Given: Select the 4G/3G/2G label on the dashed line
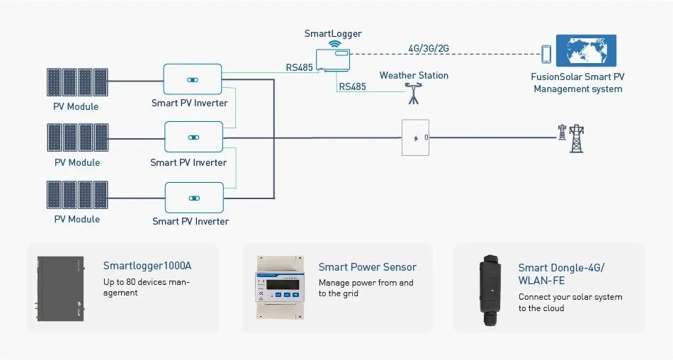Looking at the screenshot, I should (429, 48).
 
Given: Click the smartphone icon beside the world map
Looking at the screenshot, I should (546, 54).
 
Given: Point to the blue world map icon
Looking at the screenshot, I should (586, 51).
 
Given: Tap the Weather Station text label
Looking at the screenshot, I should (414, 75).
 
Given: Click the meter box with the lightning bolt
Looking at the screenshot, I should (415, 137).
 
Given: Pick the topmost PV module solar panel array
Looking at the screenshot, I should (77, 82).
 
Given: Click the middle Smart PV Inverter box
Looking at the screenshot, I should (193, 137).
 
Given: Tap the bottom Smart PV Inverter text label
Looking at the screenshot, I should (191, 221).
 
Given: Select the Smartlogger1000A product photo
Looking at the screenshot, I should (60, 288).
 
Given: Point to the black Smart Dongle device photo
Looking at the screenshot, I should (490, 288).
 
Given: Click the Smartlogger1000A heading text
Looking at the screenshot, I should (147, 266).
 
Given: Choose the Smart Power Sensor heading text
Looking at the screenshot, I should (367, 267).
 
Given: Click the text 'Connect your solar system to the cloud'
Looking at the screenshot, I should (570, 303).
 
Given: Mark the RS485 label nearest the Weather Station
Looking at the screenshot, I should (352, 86).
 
